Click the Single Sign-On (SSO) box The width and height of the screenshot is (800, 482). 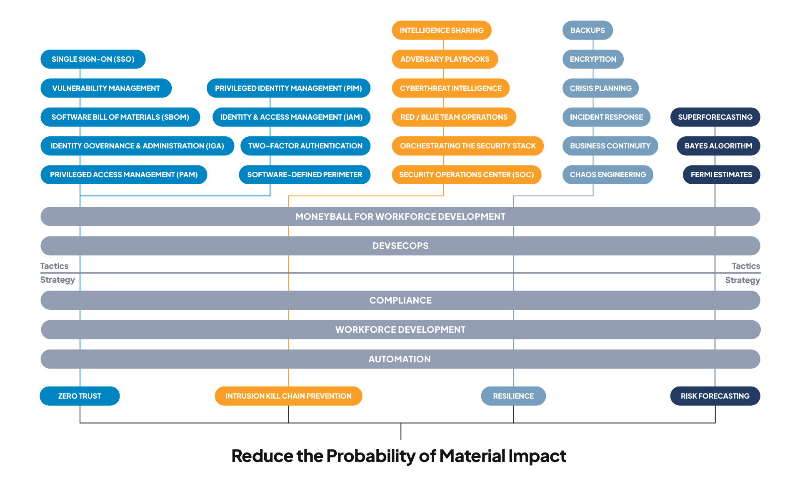click(x=93, y=59)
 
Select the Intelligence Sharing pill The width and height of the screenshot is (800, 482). click(x=441, y=30)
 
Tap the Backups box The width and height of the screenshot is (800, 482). click(x=587, y=30)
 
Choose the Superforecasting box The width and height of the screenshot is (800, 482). click(x=715, y=117)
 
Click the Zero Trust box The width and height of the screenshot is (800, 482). click(x=80, y=396)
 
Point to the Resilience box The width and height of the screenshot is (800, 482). click(x=513, y=396)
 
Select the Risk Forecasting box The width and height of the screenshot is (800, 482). click(x=715, y=396)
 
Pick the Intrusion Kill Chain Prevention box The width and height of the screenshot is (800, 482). click(x=288, y=396)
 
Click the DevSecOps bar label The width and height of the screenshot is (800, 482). click(x=400, y=246)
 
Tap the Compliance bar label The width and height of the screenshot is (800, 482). click(x=400, y=300)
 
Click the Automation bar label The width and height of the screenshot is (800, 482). click(x=399, y=359)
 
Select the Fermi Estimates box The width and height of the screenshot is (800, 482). click(x=721, y=175)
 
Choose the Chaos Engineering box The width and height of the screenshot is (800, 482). click(x=607, y=175)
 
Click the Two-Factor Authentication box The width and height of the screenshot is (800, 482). click(x=305, y=146)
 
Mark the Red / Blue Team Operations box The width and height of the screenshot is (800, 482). click(x=454, y=117)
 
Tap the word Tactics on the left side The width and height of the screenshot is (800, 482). click(x=54, y=266)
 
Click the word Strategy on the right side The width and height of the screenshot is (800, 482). click(x=742, y=280)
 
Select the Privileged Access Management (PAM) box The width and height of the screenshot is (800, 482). click(x=124, y=175)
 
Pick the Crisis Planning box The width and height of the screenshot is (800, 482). click(x=600, y=88)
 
